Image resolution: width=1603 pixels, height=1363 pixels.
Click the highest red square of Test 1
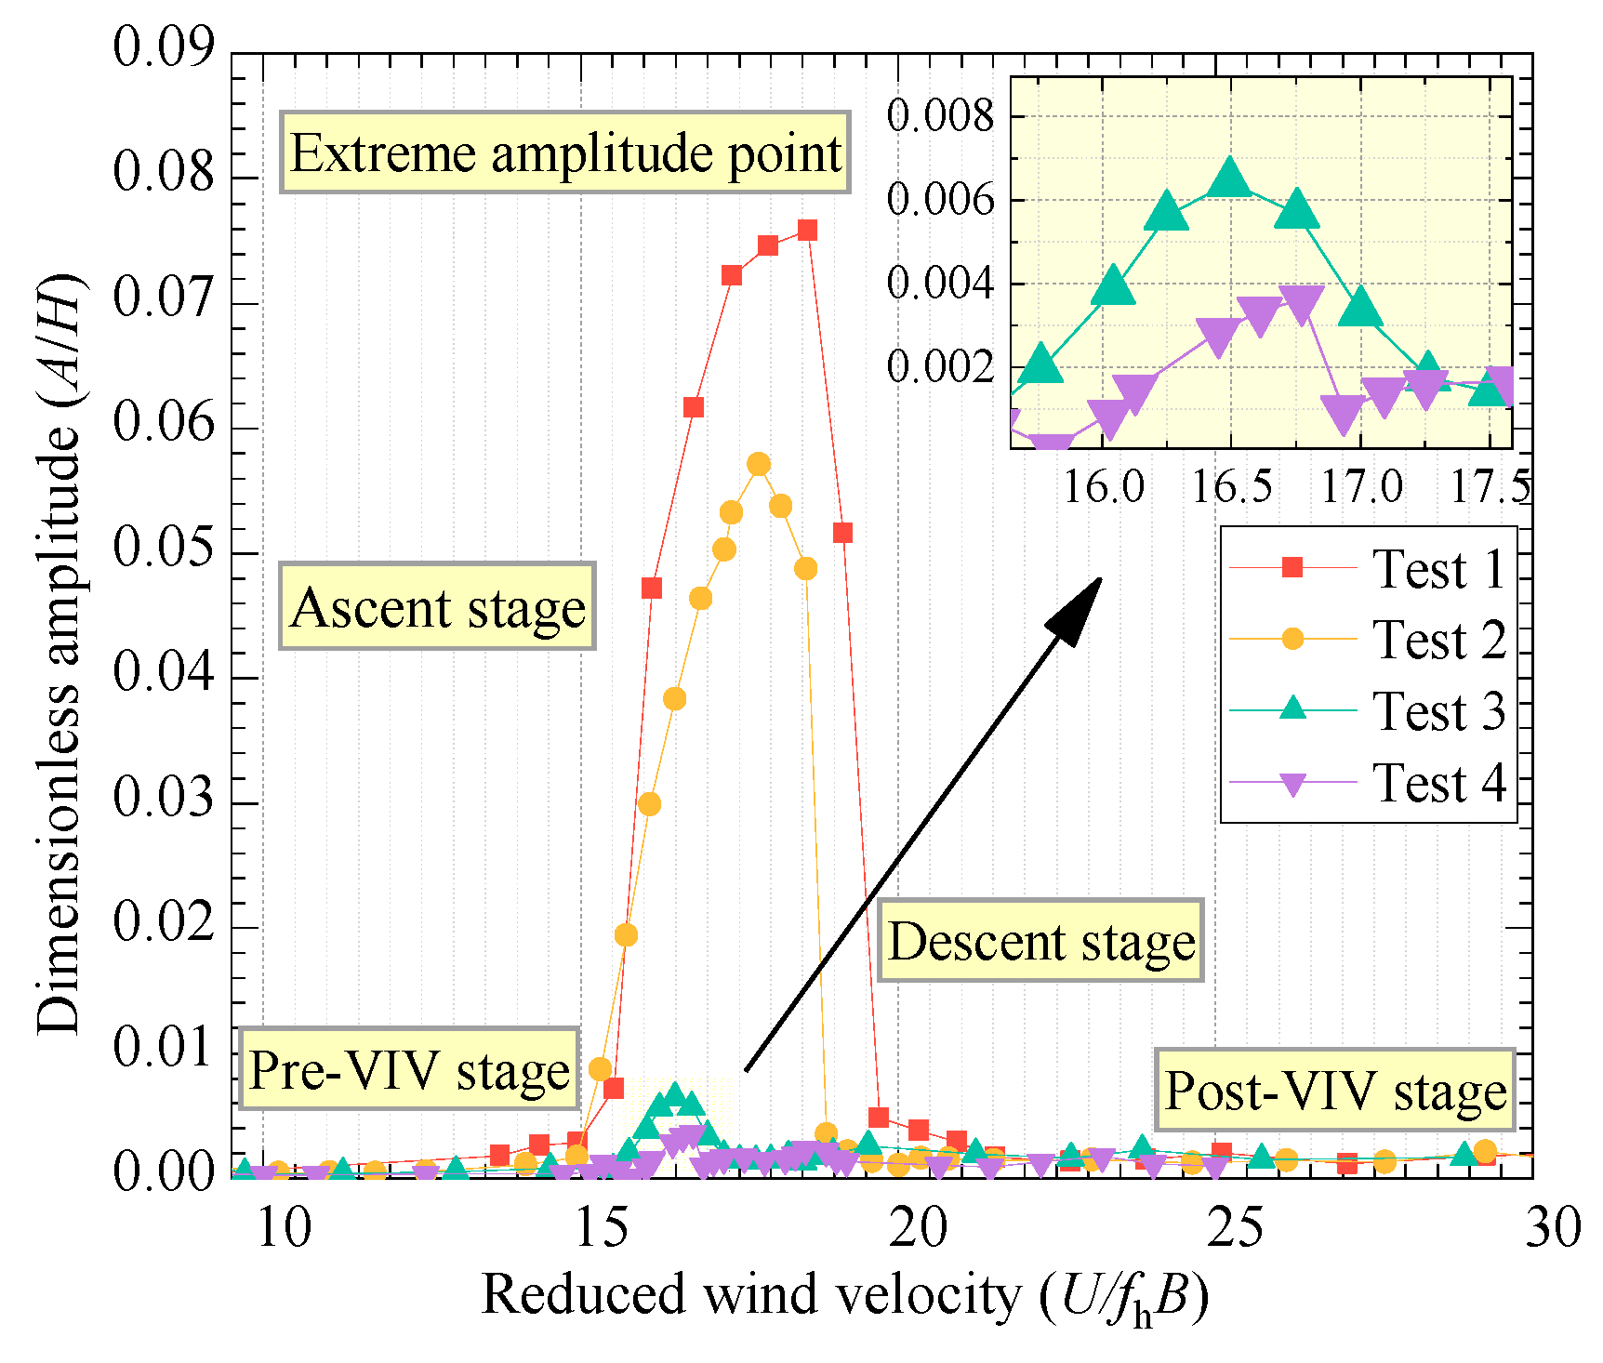point(807,230)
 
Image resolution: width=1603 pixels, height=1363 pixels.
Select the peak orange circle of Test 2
point(759,464)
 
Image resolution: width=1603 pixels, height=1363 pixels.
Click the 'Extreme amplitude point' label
point(565,153)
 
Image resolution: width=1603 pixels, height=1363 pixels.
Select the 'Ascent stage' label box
point(437,606)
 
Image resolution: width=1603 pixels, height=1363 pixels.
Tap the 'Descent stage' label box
point(1041,940)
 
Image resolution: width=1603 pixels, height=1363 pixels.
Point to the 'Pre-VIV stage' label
point(409,1068)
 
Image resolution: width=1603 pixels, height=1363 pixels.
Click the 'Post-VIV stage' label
point(1335,1090)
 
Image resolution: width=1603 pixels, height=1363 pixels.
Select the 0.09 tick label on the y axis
point(164,46)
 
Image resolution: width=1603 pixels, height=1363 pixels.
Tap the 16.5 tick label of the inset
point(1231,486)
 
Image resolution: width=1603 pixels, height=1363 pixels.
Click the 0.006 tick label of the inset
point(940,199)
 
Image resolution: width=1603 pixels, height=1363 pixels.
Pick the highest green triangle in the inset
point(1230,177)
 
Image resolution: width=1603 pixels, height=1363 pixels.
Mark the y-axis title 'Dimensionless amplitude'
point(60,651)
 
